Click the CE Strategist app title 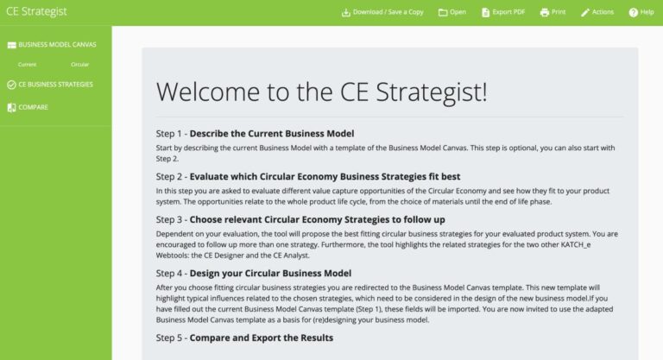36,11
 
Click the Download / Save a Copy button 382,12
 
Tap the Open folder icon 443,12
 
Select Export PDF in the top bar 503,12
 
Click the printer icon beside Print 545,12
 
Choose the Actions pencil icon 585,12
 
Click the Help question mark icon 634,12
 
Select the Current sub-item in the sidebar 27,65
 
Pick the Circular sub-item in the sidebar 80,65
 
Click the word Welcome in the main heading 207,92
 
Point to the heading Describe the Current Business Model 272,134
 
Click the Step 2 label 168,177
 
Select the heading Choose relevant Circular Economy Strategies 300,219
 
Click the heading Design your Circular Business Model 270,274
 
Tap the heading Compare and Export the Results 262,338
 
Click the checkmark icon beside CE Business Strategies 11,85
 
